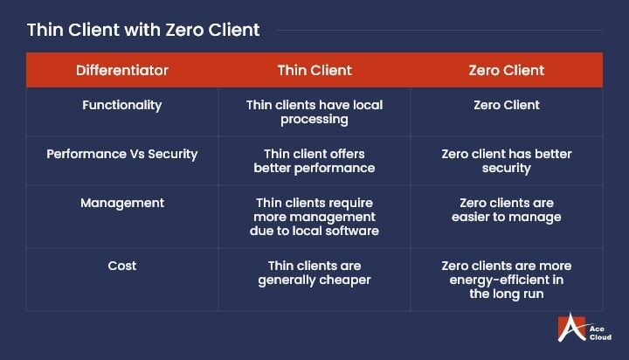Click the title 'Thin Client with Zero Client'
(143, 29)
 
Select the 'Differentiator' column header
(122, 70)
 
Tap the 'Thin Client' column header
(314, 70)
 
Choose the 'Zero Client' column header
(507, 70)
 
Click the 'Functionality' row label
(122, 105)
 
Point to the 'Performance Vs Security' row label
(122, 154)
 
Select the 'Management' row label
(122, 203)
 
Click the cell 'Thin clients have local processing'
(314, 112)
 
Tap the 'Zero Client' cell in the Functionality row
(507, 105)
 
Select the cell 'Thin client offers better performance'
(314, 161)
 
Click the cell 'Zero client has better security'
(507, 161)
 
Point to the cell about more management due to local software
(314, 216)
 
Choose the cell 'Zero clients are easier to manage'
(507, 210)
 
